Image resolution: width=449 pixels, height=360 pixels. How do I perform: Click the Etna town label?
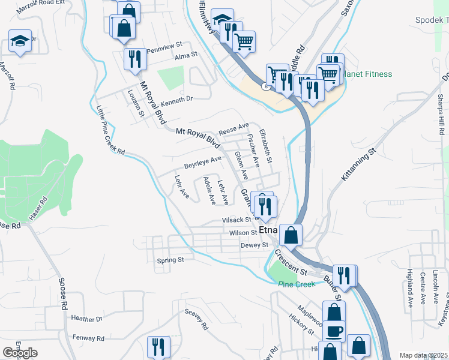[268, 230]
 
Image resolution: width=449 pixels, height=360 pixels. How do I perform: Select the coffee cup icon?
[334, 332]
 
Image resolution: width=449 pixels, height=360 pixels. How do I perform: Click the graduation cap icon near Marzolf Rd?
[20, 41]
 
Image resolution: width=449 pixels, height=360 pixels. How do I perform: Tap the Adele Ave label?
[209, 191]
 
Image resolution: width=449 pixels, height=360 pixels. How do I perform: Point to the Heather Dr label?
[87, 318]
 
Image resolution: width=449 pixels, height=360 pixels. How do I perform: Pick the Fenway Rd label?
[88, 338]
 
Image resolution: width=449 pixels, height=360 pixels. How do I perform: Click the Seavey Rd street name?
[196, 319]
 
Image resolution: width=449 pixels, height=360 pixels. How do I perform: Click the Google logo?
[20, 353]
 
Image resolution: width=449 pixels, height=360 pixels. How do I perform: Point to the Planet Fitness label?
[367, 74]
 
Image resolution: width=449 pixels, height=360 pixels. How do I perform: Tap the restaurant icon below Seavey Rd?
[159, 346]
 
